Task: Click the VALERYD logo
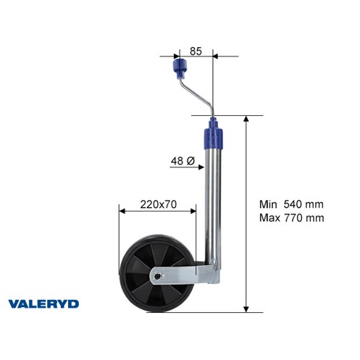pos(43,304)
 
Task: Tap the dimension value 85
pos(196,51)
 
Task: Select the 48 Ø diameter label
pos(183,161)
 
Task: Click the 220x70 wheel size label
pos(159,204)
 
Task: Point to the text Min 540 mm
pos(291,204)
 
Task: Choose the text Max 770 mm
pos(292,218)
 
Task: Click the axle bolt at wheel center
pos(157,276)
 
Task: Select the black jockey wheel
pos(157,275)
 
